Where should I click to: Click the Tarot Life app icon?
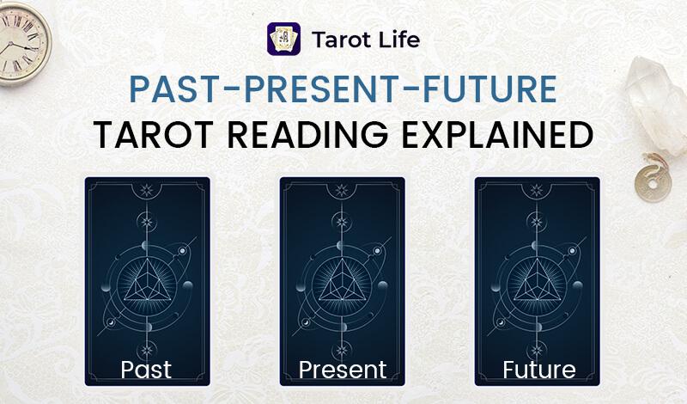pyautogui.click(x=284, y=39)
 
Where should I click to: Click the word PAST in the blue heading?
pyautogui.click(x=174, y=89)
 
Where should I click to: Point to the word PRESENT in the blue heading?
pyautogui.click(x=321, y=89)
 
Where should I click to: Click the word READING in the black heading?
pyautogui.click(x=307, y=135)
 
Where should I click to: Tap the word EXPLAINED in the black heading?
pyautogui.click(x=497, y=135)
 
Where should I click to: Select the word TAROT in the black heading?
pyautogui.click(x=154, y=135)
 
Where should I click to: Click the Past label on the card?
pyautogui.click(x=146, y=370)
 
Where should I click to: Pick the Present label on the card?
pyautogui.click(x=342, y=370)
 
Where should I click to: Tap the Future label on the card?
pyautogui.click(x=539, y=370)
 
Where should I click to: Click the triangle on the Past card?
pyautogui.click(x=147, y=282)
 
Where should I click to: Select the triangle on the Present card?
pyautogui.click(x=342, y=282)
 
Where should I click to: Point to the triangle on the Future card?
pyautogui.click(x=538, y=282)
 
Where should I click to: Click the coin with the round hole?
pyautogui.click(x=653, y=183)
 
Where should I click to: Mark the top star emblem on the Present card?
pyautogui.click(x=342, y=190)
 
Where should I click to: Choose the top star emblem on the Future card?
pyautogui.click(x=537, y=190)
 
